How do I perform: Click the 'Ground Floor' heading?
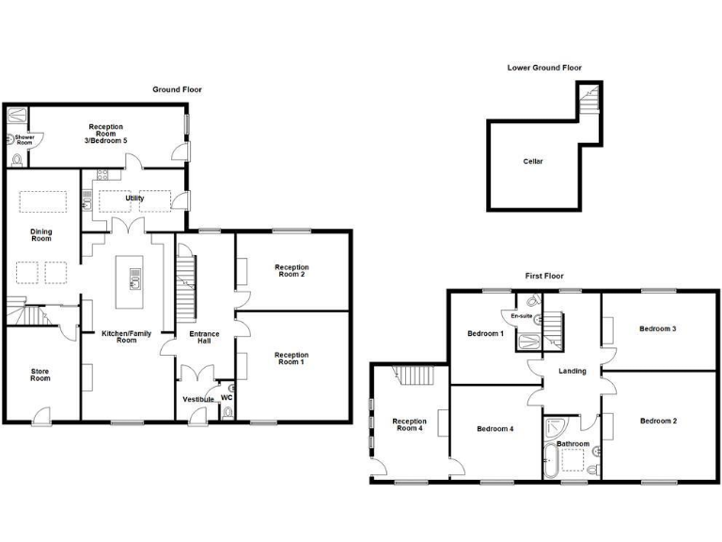[177, 89]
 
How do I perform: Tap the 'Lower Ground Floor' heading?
[544, 68]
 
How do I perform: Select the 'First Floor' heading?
[543, 276]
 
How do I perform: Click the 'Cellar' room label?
[533, 162]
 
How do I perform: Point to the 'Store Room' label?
[39, 375]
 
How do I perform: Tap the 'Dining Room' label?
[40, 235]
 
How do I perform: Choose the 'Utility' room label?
[135, 199]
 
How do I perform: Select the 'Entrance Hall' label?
[204, 338]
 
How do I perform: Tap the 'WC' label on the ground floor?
[227, 396]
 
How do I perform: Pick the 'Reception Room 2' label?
[291, 271]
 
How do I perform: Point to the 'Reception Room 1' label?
[291, 359]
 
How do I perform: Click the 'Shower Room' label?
[24, 141]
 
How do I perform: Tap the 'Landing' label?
[572, 371]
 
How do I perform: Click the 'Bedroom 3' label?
[657, 328]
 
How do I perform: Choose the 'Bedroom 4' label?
[494, 429]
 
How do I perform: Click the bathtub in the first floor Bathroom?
[549, 461]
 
